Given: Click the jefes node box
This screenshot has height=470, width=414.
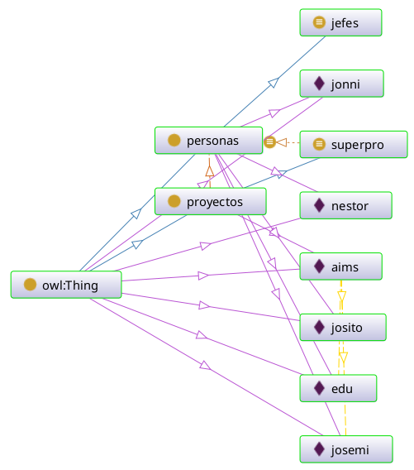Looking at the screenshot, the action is [340, 22].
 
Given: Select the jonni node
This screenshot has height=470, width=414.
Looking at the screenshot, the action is [341, 84].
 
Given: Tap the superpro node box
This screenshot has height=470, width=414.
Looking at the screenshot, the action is [354, 145].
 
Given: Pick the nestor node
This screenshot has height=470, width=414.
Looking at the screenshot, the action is [345, 205].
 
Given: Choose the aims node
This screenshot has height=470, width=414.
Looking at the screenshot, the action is [341, 266].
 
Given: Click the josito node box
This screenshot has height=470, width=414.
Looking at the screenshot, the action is [343, 328].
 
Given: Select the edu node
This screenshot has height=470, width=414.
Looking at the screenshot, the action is [338, 388].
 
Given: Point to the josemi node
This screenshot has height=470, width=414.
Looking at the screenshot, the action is [346, 449].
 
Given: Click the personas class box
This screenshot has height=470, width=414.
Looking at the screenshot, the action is [208, 141].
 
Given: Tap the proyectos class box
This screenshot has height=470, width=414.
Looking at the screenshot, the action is [211, 201].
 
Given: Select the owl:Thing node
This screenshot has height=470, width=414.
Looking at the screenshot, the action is [66, 285].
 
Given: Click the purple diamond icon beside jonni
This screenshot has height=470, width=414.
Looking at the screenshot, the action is [319, 84].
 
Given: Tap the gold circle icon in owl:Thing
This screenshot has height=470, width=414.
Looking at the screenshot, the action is [31, 285].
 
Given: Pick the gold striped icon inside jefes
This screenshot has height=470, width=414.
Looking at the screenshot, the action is [319, 22].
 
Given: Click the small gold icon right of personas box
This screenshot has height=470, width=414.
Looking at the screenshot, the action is [269, 141].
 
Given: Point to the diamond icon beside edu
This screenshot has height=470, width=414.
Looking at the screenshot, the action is [319, 388].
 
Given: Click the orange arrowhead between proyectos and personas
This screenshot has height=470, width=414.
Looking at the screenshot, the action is [210, 170].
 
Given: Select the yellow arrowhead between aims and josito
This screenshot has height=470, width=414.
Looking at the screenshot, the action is [341, 296].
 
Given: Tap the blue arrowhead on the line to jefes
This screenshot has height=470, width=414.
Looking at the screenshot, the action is [274, 83].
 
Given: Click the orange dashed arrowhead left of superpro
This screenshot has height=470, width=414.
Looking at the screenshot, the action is [282, 142].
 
